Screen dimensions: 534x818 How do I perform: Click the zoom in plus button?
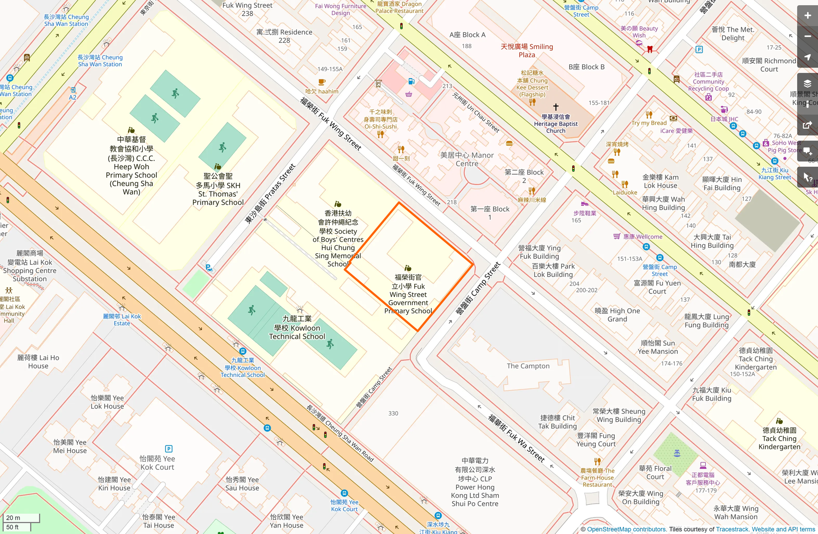coord(807,16)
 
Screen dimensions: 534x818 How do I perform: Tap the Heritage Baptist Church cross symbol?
coord(556,107)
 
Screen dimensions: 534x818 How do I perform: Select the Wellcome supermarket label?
coord(643,237)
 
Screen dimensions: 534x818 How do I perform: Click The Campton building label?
coord(528,366)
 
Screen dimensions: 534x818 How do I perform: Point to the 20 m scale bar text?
coord(13,518)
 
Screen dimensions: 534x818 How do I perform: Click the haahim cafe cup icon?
coord(322,82)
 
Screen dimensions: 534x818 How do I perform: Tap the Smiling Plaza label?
coord(527,50)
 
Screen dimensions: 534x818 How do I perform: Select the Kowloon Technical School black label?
coord(297,328)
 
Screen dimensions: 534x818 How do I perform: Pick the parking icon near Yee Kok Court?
coord(169,448)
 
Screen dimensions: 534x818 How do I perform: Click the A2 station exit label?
coord(73,97)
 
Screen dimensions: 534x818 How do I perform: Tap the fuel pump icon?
coord(411,81)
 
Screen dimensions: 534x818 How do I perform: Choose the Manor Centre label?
coord(467,159)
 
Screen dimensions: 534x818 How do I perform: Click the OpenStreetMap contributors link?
coord(626,529)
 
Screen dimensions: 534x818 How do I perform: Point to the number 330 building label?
coord(393,413)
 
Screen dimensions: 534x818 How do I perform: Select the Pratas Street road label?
coord(270,194)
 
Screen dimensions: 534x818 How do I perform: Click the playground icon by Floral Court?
coord(677,453)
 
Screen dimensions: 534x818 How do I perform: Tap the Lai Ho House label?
coord(38,362)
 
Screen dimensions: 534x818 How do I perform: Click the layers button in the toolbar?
coord(807,83)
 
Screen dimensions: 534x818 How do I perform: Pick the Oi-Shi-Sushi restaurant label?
coord(380,119)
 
